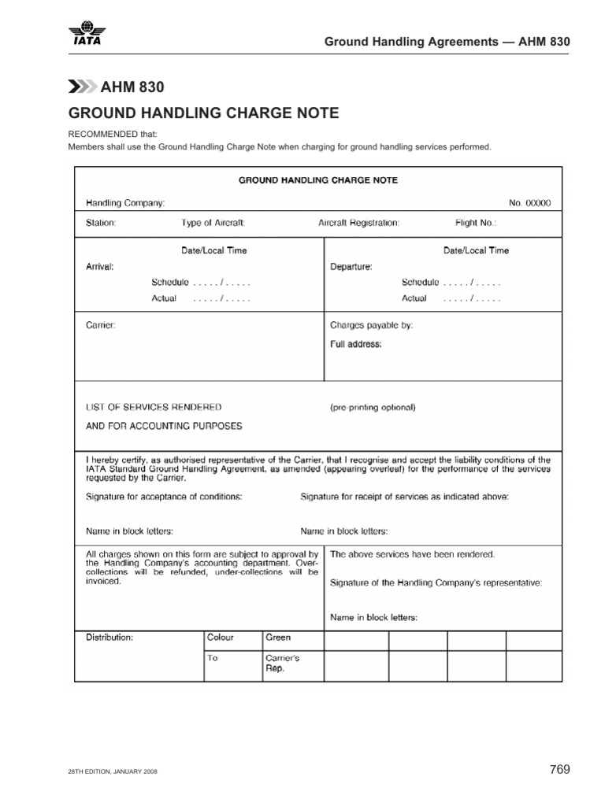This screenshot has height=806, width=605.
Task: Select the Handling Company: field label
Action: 125,202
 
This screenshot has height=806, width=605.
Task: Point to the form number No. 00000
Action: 529,202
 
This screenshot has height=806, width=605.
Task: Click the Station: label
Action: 101,223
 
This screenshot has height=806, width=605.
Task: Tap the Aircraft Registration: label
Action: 358,223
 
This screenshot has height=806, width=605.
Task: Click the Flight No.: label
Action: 476,223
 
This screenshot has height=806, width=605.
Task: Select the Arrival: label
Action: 100,266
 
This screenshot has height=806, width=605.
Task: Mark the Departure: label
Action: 351,266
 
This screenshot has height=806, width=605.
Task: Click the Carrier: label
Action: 100,324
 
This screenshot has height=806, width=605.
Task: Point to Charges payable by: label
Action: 371,324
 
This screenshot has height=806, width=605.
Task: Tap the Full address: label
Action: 356,344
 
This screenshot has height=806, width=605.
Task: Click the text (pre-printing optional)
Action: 372,408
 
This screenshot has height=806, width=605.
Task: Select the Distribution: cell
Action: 109,638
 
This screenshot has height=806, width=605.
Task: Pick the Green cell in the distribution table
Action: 278,638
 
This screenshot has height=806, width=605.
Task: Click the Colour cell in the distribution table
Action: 221,638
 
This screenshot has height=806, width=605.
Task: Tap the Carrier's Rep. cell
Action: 282,664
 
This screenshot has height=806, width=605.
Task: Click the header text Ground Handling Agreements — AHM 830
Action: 447,41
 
